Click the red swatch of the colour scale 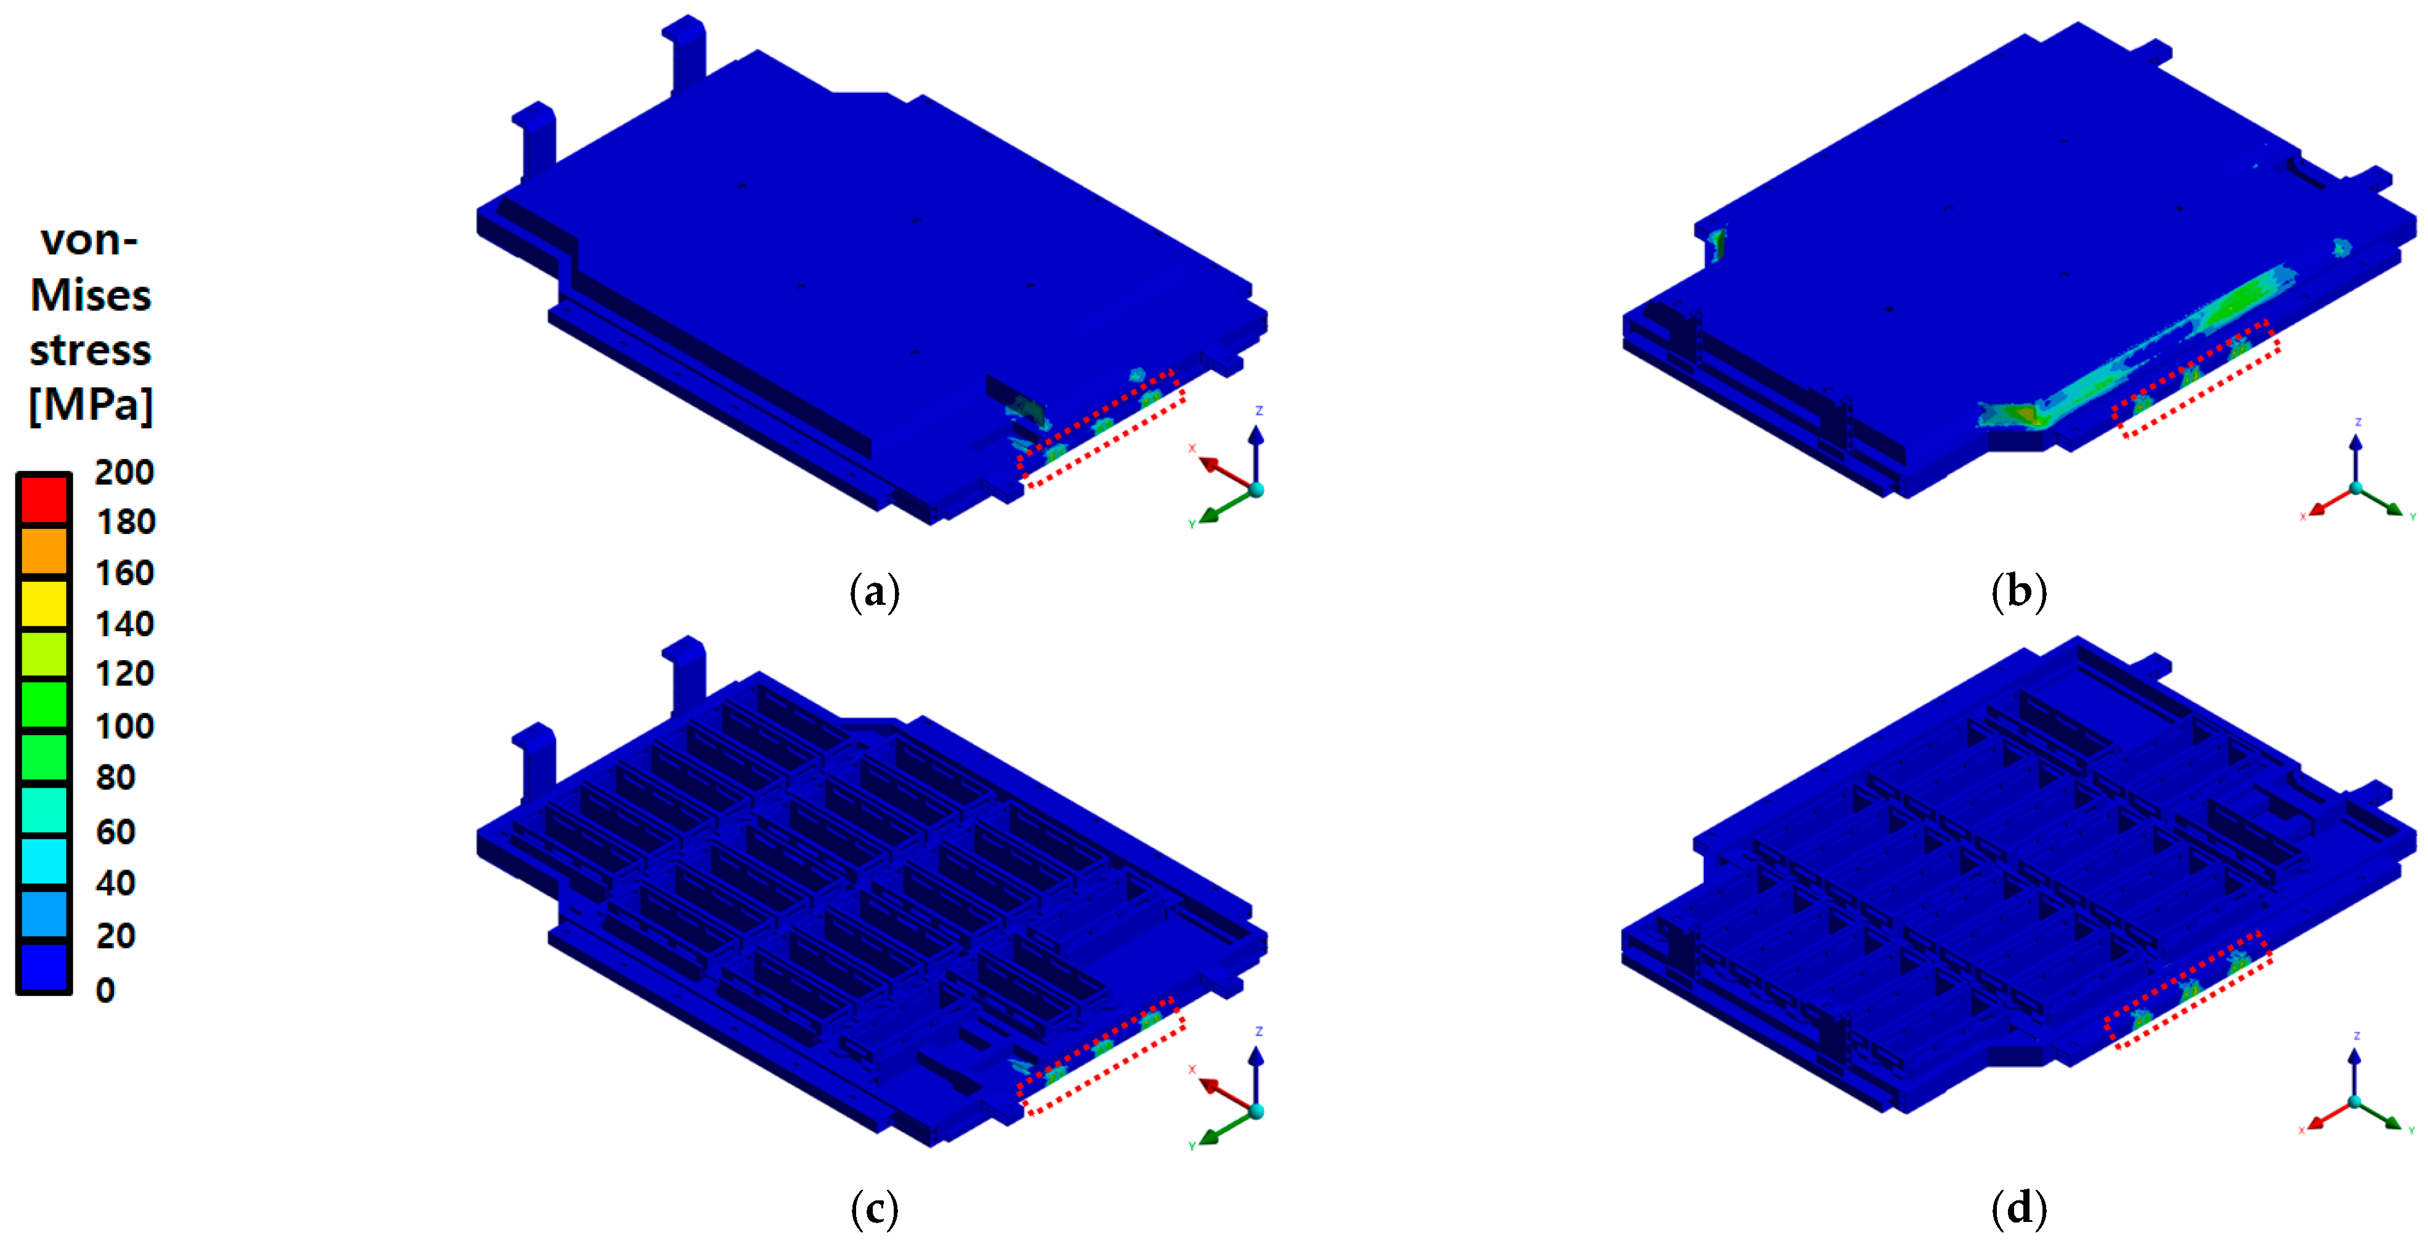(44, 499)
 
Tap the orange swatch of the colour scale (44, 551)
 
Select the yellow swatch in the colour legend (44, 603)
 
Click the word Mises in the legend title (91, 296)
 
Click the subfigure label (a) (875, 592)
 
